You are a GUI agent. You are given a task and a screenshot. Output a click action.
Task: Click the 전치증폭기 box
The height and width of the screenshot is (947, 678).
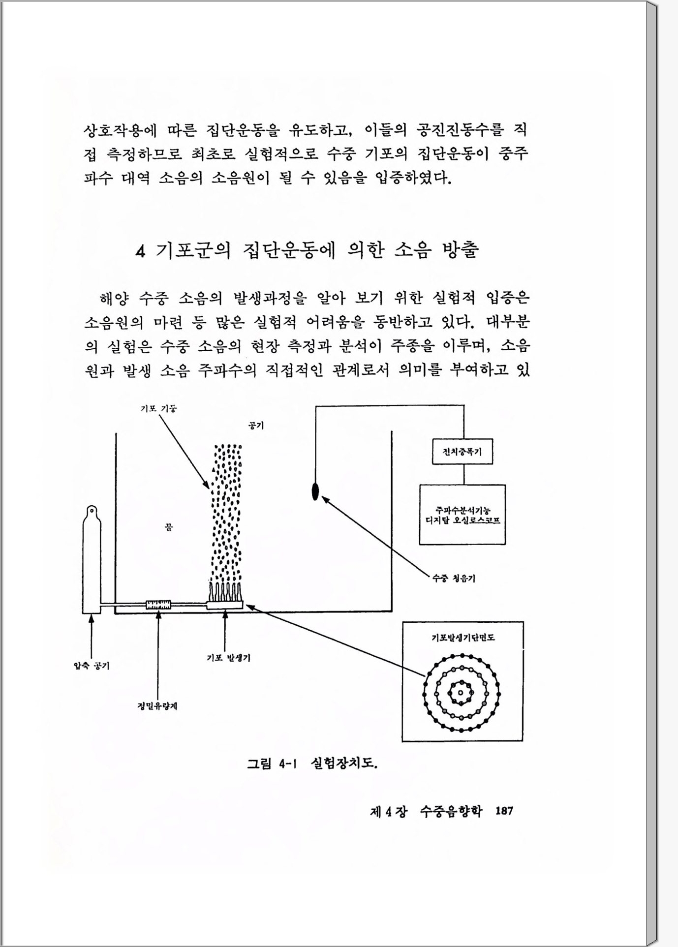coord(462,452)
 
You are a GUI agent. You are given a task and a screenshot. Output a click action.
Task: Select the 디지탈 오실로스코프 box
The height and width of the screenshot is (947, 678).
coord(462,514)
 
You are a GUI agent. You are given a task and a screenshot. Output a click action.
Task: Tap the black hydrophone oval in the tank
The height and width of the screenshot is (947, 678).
coord(315,491)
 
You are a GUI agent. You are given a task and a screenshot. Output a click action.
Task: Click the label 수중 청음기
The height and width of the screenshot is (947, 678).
coord(453,579)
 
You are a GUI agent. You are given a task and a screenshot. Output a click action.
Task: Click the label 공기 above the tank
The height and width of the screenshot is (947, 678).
coord(256,425)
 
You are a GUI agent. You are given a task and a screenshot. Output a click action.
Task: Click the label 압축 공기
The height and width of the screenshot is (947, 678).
coord(92,666)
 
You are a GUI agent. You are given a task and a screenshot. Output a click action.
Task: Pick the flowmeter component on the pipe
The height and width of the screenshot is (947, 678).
coord(158,604)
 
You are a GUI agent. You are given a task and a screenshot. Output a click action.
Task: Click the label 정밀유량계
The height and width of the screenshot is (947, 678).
coord(157,706)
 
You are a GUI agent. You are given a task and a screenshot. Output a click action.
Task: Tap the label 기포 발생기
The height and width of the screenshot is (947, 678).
coord(228,658)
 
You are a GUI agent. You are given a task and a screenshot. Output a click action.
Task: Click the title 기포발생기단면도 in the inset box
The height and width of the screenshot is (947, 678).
coord(462,638)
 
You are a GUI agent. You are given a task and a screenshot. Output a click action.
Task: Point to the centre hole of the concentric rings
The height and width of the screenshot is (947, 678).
coord(461,693)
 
